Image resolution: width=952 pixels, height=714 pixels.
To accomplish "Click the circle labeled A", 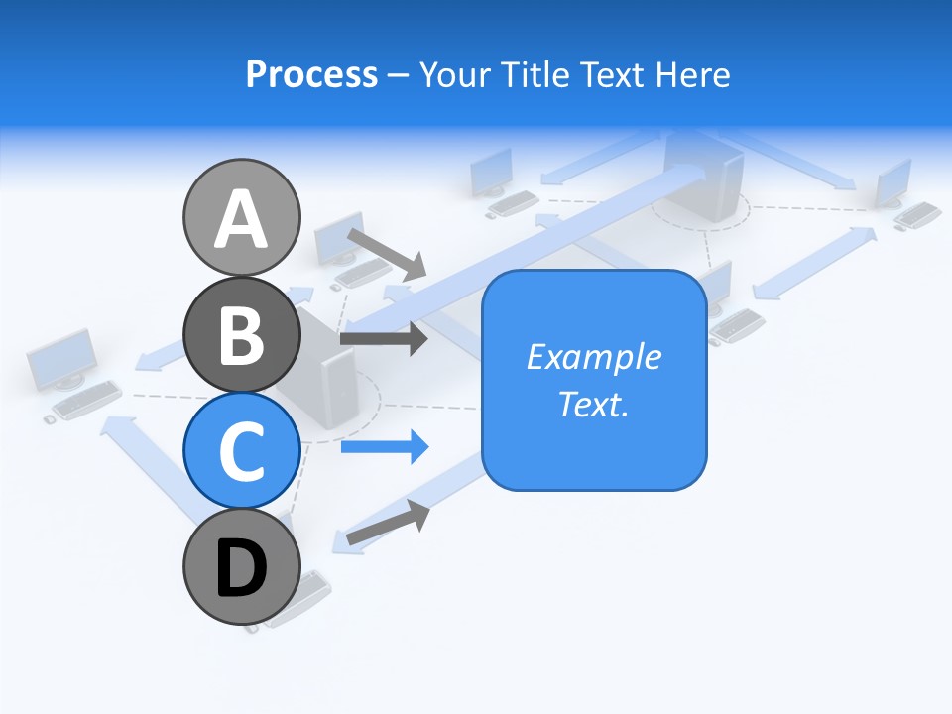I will tap(241, 217).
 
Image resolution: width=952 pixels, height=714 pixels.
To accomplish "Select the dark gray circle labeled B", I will tap(241, 334).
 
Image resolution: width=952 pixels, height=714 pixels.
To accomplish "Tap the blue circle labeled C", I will tap(241, 451).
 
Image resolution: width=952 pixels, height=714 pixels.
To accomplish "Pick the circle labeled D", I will tap(241, 568).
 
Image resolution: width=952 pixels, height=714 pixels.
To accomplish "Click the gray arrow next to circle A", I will tap(386, 253).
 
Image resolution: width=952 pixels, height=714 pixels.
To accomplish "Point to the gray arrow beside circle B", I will tap(384, 339).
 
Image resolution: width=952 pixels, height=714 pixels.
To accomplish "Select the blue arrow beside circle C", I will tap(385, 446).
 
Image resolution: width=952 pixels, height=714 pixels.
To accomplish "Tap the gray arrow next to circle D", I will tap(388, 522).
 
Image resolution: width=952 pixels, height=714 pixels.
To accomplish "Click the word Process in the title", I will tap(311, 74).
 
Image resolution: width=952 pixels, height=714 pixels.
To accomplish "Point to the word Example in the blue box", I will tap(594, 357).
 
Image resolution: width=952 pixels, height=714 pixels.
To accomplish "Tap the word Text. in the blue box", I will tap(594, 404).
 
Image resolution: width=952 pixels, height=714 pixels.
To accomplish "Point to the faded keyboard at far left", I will tap(86, 399).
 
